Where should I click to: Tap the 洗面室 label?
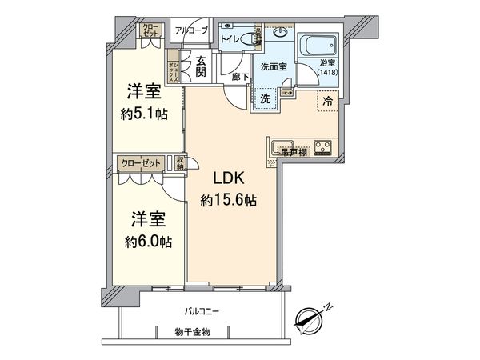273,68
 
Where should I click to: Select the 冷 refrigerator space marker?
329,101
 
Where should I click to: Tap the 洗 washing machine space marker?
263,99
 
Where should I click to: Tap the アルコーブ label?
193,30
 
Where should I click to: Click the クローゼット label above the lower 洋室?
141,162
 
